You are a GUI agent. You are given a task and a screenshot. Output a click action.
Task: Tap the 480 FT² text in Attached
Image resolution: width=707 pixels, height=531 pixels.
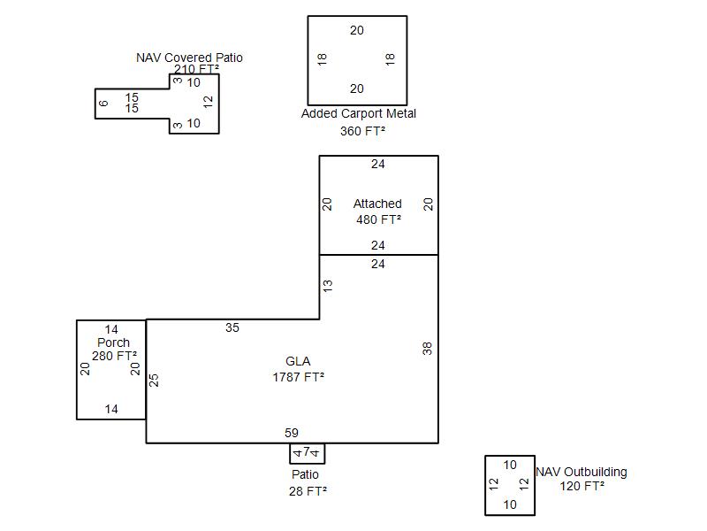coord(378,219)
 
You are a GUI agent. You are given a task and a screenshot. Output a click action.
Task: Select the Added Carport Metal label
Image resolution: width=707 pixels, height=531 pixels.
coord(358,113)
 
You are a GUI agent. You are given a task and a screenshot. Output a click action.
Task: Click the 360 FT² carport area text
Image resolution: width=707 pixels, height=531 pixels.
coord(362,131)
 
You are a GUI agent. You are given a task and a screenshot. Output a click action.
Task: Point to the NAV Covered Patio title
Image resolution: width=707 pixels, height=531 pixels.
coord(189,58)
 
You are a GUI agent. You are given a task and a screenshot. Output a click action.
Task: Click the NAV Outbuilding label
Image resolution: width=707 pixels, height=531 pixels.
coord(582,472)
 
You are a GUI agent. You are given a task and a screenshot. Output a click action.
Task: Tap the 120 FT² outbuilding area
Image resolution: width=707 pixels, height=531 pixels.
coord(582,486)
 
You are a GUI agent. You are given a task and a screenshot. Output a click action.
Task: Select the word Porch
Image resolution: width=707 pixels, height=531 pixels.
coord(113,342)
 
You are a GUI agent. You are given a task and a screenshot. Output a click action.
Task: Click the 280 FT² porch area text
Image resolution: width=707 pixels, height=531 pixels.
coord(114,356)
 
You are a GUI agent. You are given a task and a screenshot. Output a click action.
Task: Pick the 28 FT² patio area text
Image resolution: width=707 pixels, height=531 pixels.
coord(308,491)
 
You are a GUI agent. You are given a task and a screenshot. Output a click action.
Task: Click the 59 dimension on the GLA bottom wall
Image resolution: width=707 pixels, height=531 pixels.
coord(292,433)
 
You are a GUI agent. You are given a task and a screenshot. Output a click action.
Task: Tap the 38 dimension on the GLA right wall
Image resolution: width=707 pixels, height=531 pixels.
coord(428,349)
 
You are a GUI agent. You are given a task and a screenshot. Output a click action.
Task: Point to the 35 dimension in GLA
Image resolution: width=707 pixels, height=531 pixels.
coord(232,327)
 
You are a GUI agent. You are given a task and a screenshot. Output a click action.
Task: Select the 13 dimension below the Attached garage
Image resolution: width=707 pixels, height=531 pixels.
coord(328,287)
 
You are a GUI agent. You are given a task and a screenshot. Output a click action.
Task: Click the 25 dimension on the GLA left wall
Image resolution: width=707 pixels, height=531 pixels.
coord(154,380)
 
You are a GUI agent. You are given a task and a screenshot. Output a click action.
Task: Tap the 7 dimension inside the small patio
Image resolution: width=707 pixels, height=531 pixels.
coord(307,452)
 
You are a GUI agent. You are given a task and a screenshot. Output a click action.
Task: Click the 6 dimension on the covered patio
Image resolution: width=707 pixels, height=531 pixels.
coord(103,104)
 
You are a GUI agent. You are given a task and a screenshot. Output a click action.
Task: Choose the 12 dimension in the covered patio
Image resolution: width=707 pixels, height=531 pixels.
coord(209,102)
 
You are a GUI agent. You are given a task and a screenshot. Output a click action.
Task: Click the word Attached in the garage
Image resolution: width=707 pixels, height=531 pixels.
coord(377,204)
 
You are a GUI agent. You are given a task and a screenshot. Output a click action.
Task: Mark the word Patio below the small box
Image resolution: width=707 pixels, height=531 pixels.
coord(305,474)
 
